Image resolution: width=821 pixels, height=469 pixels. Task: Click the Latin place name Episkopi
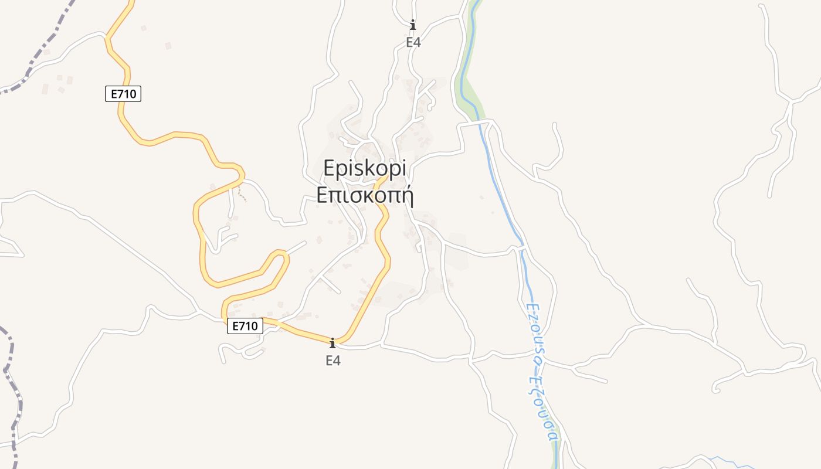pyautogui.click(x=365, y=169)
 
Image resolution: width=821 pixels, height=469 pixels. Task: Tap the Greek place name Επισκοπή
pyautogui.click(x=365, y=195)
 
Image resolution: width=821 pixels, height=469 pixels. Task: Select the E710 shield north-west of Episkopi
pyautogui.click(x=123, y=94)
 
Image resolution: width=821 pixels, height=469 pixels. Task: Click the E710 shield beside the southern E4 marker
pyautogui.click(x=245, y=327)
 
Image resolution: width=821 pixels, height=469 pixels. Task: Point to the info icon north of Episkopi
pyautogui.click(x=413, y=25)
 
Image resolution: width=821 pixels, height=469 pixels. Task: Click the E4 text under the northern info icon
pyautogui.click(x=413, y=42)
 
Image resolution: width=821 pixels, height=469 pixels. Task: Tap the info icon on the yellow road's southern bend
pyautogui.click(x=333, y=343)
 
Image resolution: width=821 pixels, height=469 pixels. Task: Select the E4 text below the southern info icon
pyautogui.click(x=333, y=361)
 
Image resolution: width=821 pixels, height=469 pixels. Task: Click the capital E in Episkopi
pyautogui.click(x=330, y=169)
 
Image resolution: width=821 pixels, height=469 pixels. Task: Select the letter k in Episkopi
pyautogui.click(x=368, y=169)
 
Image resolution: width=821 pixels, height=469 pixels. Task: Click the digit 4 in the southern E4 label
pyautogui.click(x=337, y=361)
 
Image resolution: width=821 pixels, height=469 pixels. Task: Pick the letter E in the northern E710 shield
pyautogui.click(x=113, y=94)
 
